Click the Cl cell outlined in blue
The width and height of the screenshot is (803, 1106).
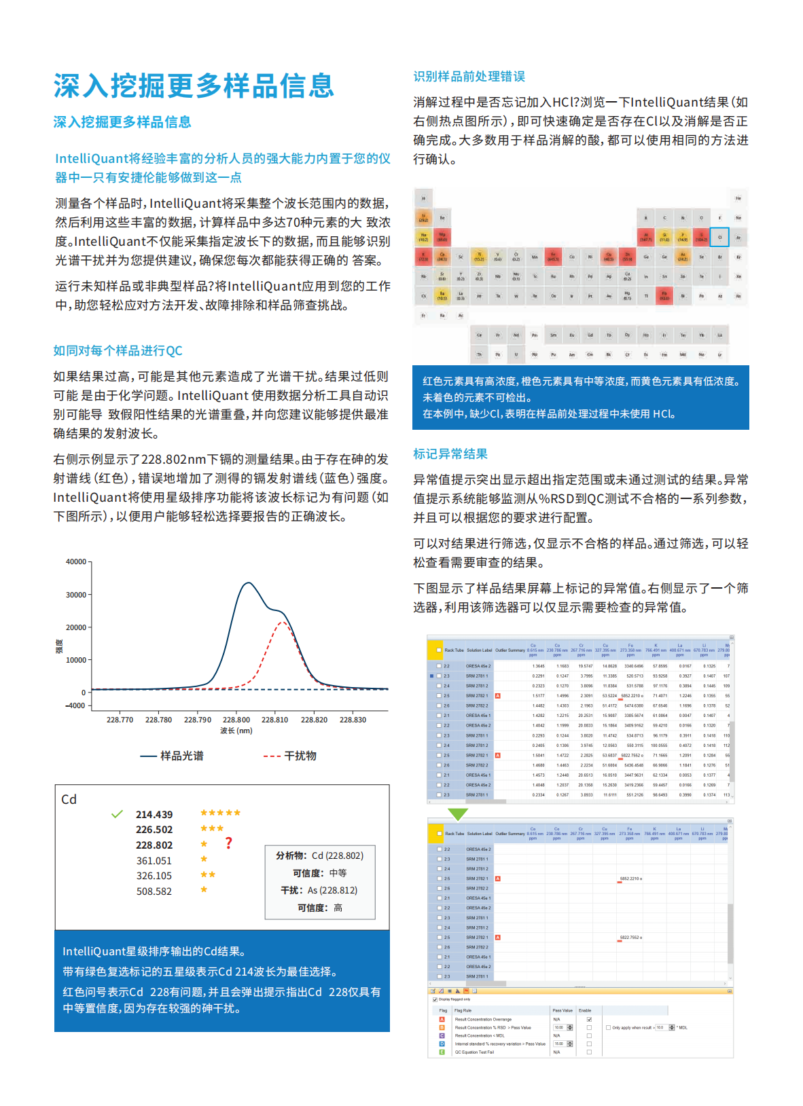(719, 237)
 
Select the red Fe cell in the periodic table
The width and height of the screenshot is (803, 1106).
(553, 257)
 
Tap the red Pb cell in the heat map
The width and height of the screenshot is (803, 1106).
(664, 295)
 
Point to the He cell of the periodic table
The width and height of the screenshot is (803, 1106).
(738, 198)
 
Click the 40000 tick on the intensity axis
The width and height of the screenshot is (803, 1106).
(76, 561)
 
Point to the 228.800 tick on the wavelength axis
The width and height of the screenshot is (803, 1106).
(236, 720)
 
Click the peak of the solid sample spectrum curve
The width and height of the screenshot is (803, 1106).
(249, 583)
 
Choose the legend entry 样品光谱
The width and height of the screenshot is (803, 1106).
(172, 756)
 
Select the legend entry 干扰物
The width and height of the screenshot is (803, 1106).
(290, 756)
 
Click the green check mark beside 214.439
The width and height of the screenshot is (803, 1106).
(117, 814)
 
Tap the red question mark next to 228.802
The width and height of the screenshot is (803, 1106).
(228, 843)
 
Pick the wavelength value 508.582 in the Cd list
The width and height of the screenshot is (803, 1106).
(154, 891)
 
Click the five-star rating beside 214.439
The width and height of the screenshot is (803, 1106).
(220, 813)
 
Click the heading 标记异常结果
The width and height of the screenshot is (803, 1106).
(450, 454)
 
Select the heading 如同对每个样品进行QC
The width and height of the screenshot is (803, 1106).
(118, 350)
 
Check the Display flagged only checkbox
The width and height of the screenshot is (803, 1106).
(435, 999)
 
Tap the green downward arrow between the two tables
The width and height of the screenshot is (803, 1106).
(458, 813)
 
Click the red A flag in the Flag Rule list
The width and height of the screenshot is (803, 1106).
(442, 1019)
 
